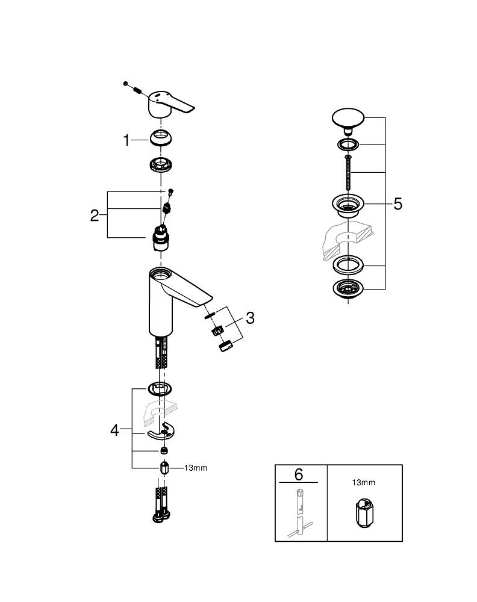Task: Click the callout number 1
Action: point(126,141)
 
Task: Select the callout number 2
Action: point(95,215)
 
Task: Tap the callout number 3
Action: point(249,318)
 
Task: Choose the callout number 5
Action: point(397,204)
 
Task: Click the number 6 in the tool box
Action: point(299,474)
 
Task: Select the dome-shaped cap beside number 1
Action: point(161,138)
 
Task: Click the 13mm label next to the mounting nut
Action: point(195,468)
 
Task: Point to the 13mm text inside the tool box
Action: point(363,482)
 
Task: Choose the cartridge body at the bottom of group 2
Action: point(161,241)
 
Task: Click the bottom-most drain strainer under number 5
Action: point(348,289)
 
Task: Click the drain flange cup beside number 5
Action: point(348,205)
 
